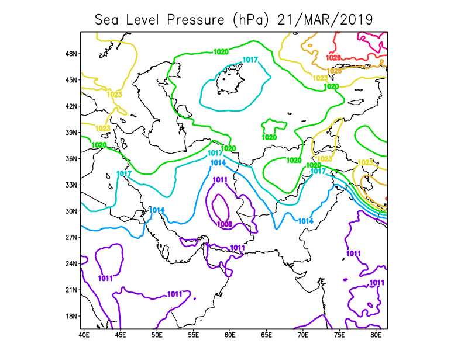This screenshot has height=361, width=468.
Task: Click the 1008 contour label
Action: pos(225,224)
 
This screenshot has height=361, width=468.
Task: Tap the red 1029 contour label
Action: pos(333,57)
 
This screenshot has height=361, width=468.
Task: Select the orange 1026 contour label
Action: pos(334,71)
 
